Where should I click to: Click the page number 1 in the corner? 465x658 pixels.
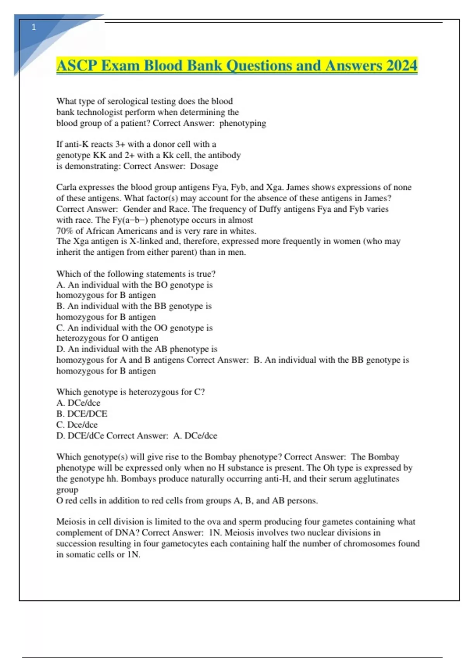pyautogui.click(x=34, y=27)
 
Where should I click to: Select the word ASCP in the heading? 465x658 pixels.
pyautogui.click(x=77, y=65)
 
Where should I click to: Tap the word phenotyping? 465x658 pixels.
pyautogui.click(x=243, y=123)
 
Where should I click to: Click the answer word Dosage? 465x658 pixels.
pyautogui.click(x=204, y=166)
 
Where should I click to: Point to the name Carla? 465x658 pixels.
pyautogui.click(x=66, y=187)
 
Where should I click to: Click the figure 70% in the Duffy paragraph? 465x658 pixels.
pyautogui.click(x=64, y=231)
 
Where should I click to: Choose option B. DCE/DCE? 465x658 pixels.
pyautogui.click(x=82, y=414)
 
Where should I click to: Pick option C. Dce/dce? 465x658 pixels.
pyautogui.click(x=77, y=425)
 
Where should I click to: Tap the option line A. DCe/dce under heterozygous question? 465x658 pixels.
pyautogui.click(x=78, y=403)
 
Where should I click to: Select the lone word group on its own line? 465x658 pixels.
pyautogui.click(x=67, y=490)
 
